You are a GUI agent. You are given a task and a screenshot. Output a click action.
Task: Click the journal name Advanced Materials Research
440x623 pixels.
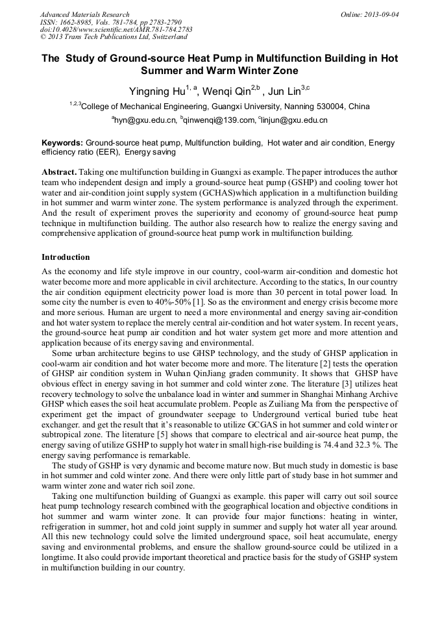pyautogui.click(x=84, y=14)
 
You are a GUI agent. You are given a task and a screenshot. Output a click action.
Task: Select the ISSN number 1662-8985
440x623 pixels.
pyautogui.click(x=82, y=22)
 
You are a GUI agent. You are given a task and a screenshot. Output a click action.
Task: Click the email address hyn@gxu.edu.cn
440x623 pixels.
pyautogui.click(x=145, y=120)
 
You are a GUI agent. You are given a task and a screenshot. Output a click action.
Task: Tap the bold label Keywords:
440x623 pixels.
pyautogui.click(x=62, y=142)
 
